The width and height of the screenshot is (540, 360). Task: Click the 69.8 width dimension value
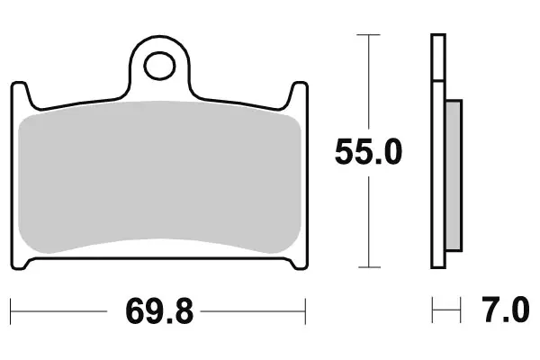coord(159,311)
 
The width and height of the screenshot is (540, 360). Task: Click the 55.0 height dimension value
coord(368,152)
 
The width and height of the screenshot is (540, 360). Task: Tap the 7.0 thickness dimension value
coord(505,310)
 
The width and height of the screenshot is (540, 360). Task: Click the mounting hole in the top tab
coord(159,66)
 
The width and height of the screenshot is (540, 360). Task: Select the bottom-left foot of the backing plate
coord(22,264)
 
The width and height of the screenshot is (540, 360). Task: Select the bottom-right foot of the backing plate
coord(297,264)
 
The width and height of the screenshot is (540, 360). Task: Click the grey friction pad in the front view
coord(159,177)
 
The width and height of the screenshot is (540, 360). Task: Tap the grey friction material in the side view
coord(454,175)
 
